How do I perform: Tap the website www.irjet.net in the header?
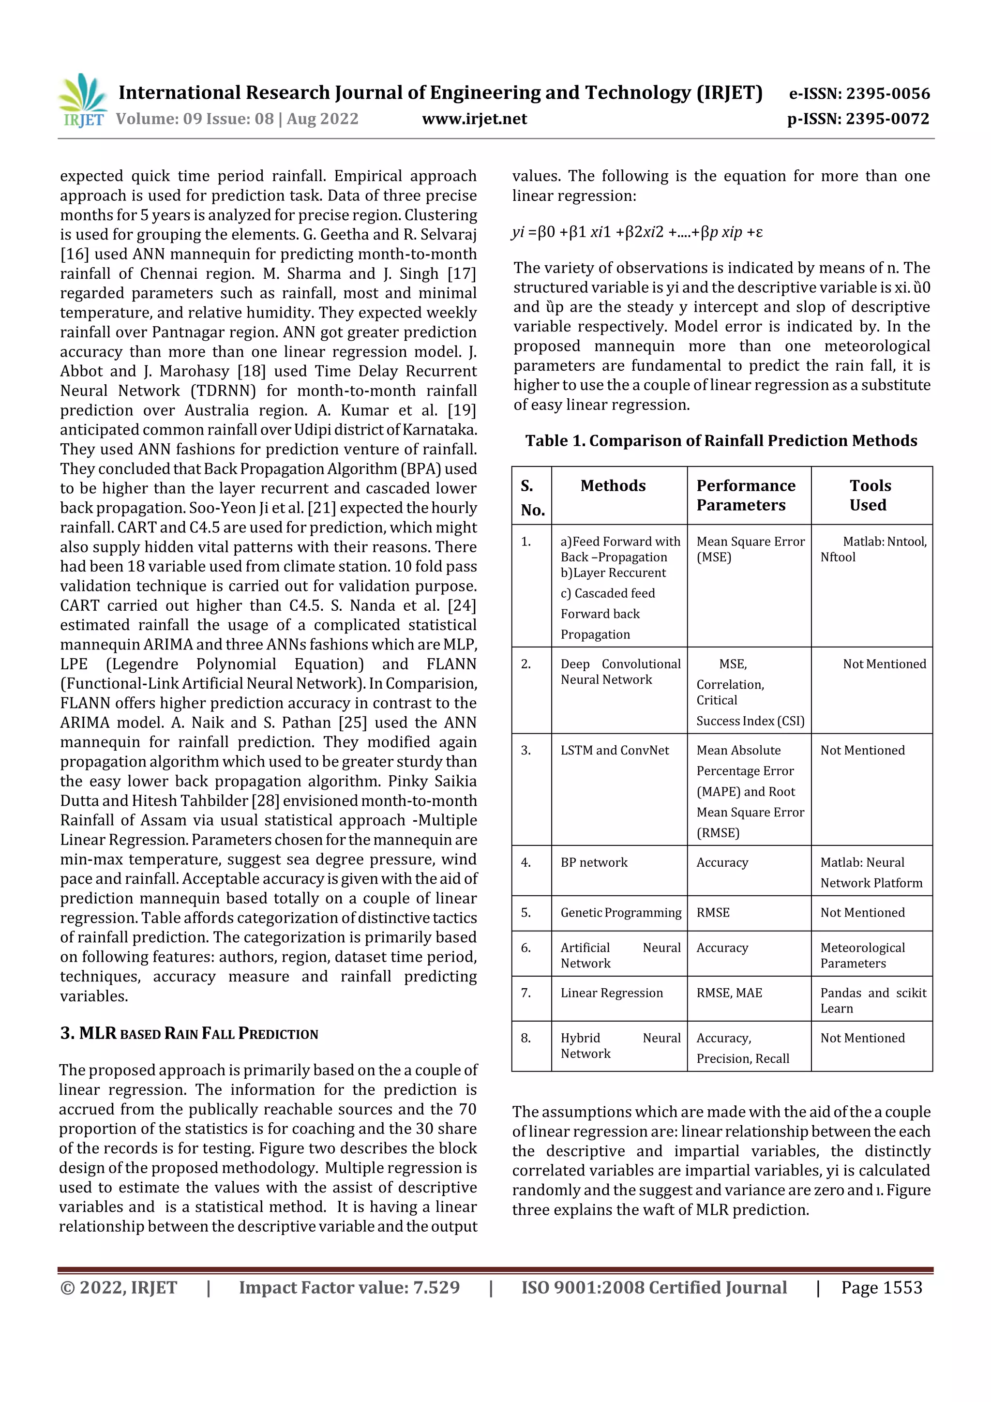(x=474, y=119)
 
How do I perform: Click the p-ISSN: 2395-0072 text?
(x=858, y=119)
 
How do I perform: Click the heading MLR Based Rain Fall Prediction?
(x=189, y=1033)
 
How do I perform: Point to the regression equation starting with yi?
(x=637, y=232)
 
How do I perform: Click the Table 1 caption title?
(x=721, y=440)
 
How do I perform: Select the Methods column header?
(x=613, y=485)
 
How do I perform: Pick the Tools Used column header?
(x=870, y=495)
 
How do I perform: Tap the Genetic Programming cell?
(x=620, y=912)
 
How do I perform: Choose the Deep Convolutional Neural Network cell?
(x=620, y=671)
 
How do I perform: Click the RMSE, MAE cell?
(x=729, y=993)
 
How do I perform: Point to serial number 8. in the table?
(x=526, y=1038)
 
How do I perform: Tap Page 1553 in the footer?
(x=881, y=1287)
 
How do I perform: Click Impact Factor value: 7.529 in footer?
(x=349, y=1287)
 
